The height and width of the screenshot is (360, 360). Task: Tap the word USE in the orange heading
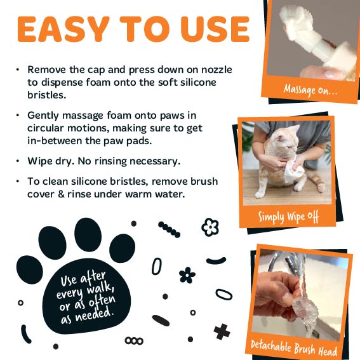(215, 29)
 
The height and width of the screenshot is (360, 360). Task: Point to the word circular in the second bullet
(46, 128)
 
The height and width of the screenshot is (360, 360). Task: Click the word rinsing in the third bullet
(110, 161)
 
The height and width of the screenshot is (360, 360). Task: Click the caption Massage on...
(310, 90)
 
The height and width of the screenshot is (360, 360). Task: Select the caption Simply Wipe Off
(288, 217)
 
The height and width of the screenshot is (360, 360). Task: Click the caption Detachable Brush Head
(294, 349)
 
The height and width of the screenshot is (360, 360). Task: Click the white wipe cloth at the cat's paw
(293, 170)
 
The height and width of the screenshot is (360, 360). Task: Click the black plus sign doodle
(222, 331)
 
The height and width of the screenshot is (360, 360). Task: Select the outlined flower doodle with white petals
(210, 227)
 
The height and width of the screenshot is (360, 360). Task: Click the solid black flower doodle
(187, 275)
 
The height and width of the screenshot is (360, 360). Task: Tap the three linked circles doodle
(134, 341)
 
